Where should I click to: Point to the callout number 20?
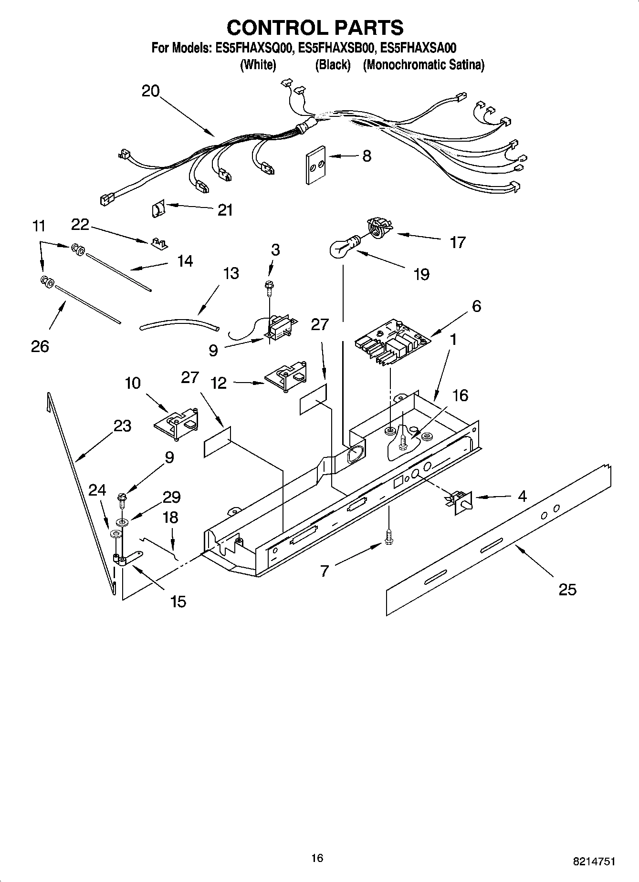coord(150,91)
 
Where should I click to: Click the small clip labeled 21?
coord(157,209)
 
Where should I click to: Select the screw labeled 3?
coord(269,286)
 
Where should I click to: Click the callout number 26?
coord(40,346)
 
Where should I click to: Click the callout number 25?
coord(567,590)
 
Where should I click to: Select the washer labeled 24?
coord(115,533)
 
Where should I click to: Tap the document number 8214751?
coord(594,861)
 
